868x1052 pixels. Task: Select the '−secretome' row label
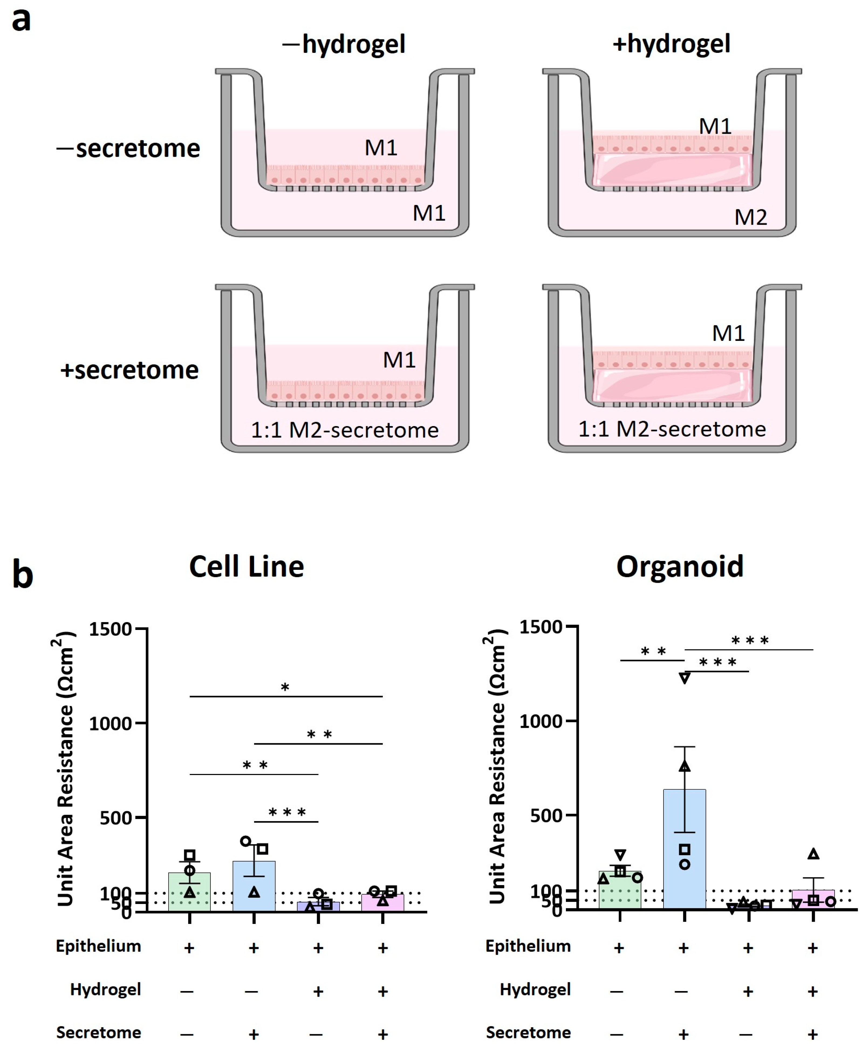128,148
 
